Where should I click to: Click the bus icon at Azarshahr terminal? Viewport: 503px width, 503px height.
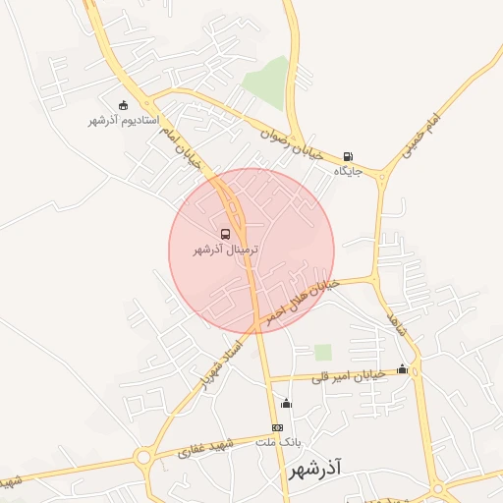coord(226,234)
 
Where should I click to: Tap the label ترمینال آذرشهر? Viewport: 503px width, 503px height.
coord(226,250)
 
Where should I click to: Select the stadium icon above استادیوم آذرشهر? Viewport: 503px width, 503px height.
coord(123,105)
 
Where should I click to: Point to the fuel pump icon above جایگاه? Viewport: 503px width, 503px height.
coord(349,156)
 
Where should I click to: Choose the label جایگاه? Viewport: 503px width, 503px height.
coord(349,171)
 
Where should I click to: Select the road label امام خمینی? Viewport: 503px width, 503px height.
coord(422,137)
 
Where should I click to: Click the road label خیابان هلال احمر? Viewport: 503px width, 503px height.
coord(299,299)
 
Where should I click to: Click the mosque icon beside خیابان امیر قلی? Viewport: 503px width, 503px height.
coord(402,369)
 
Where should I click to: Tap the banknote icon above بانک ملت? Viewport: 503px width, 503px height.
coord(277,427)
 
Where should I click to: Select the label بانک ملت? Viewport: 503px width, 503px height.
coord(276,443)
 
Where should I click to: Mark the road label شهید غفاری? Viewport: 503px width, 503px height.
coord(205,450)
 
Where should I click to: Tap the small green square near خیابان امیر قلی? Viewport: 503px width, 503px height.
coord(322,352)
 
